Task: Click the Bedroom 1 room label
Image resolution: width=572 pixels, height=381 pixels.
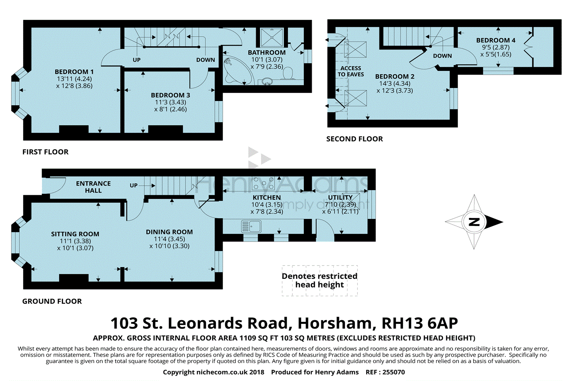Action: pyautogui.click(x=74, y=72)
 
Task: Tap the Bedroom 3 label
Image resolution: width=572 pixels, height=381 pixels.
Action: pyautogui.click(x=170, y=95)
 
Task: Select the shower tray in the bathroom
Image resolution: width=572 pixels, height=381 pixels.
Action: pyautogui.click(x=272, y=37)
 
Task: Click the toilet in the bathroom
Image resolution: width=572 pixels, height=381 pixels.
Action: pyautogui.click(x=288, y=73)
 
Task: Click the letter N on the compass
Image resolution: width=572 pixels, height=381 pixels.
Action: pyautogui.click(x=474, y=222)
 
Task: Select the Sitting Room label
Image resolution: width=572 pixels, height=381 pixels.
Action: pyautogui.click(x=75, y=234)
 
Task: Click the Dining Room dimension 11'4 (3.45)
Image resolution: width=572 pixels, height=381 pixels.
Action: pyautogui.click(x=169, y=239)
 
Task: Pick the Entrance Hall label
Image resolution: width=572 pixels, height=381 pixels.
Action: pyautogui.click(x=93, y=187)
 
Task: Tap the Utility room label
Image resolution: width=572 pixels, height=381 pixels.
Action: pyautogui.click(x=340, y=197)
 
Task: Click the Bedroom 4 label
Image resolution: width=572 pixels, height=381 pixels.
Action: pyautogui.click(x=496, y=40)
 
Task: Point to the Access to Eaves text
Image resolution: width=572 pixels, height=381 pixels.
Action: pyautogui.click(x=350, y=72)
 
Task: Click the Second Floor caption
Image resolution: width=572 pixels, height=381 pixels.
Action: pyautogui.click(x=354, y=139)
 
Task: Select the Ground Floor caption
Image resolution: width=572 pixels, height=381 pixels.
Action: pyautogui.click(x=52, y=301)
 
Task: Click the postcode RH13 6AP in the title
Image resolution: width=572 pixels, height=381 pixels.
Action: pyautogui.click(x=419, y=323)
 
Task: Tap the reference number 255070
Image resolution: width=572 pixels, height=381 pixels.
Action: pyautogui.click(x=394, y=372)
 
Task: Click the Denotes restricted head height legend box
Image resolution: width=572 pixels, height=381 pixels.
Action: pyautogui.click(x=320, y=281)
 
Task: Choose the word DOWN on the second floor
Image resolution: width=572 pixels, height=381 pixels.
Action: pyautogui.click(x=442, y=56)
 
